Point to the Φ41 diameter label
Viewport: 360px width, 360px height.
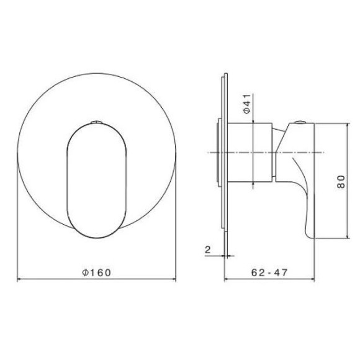246,103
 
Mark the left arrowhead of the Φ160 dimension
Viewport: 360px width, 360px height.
19,279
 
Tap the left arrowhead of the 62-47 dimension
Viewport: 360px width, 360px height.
226,279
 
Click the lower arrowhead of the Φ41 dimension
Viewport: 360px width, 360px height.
253,184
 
